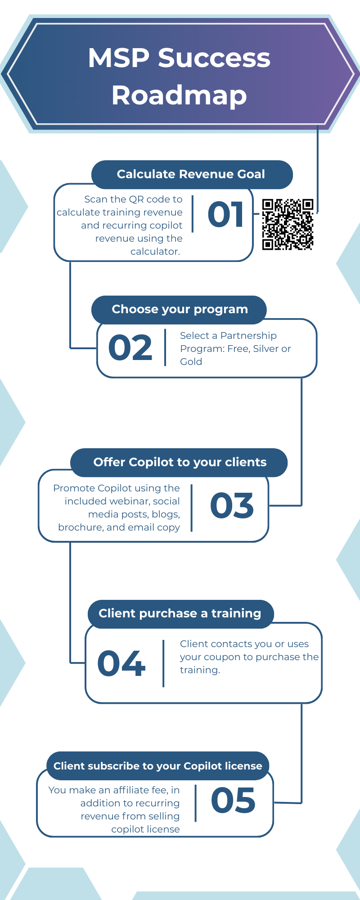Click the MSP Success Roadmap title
[x=179, y=76]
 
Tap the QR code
[x=288, y=224]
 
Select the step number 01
[x=225, y=214]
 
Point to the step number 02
[x=130, y=348]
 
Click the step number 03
[x=232, y=505]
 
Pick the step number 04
[x=121, y=663]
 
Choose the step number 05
[x=233, y=801]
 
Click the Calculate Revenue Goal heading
[x=191, y=174]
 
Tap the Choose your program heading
[x=180, y=309]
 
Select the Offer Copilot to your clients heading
[x=180, y=462]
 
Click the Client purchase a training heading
[x=180, y=613]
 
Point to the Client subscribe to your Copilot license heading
[x=158, y=766]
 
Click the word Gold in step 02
[x=191, y=362]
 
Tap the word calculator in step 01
[x=155, y=252]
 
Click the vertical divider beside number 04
[x=163, y=663]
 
